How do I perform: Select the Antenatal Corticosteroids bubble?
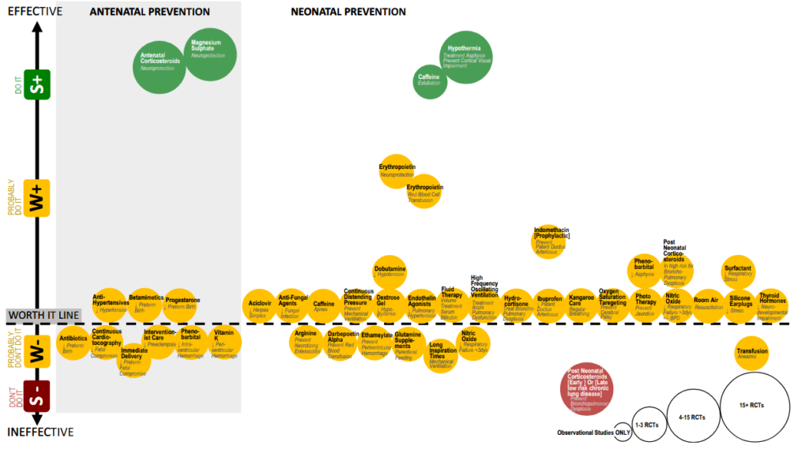pos(160,65)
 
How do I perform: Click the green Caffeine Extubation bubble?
pos(431,80)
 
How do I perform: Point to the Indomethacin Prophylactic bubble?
pos(551,241)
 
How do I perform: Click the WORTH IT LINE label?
pos(43,315)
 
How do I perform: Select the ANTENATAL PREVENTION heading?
pos(150,12)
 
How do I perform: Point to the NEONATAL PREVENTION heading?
pos(348,12)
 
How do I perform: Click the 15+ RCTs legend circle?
pos(755,404)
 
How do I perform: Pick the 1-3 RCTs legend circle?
pos(646,425)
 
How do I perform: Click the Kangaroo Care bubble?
pos(581,304)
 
